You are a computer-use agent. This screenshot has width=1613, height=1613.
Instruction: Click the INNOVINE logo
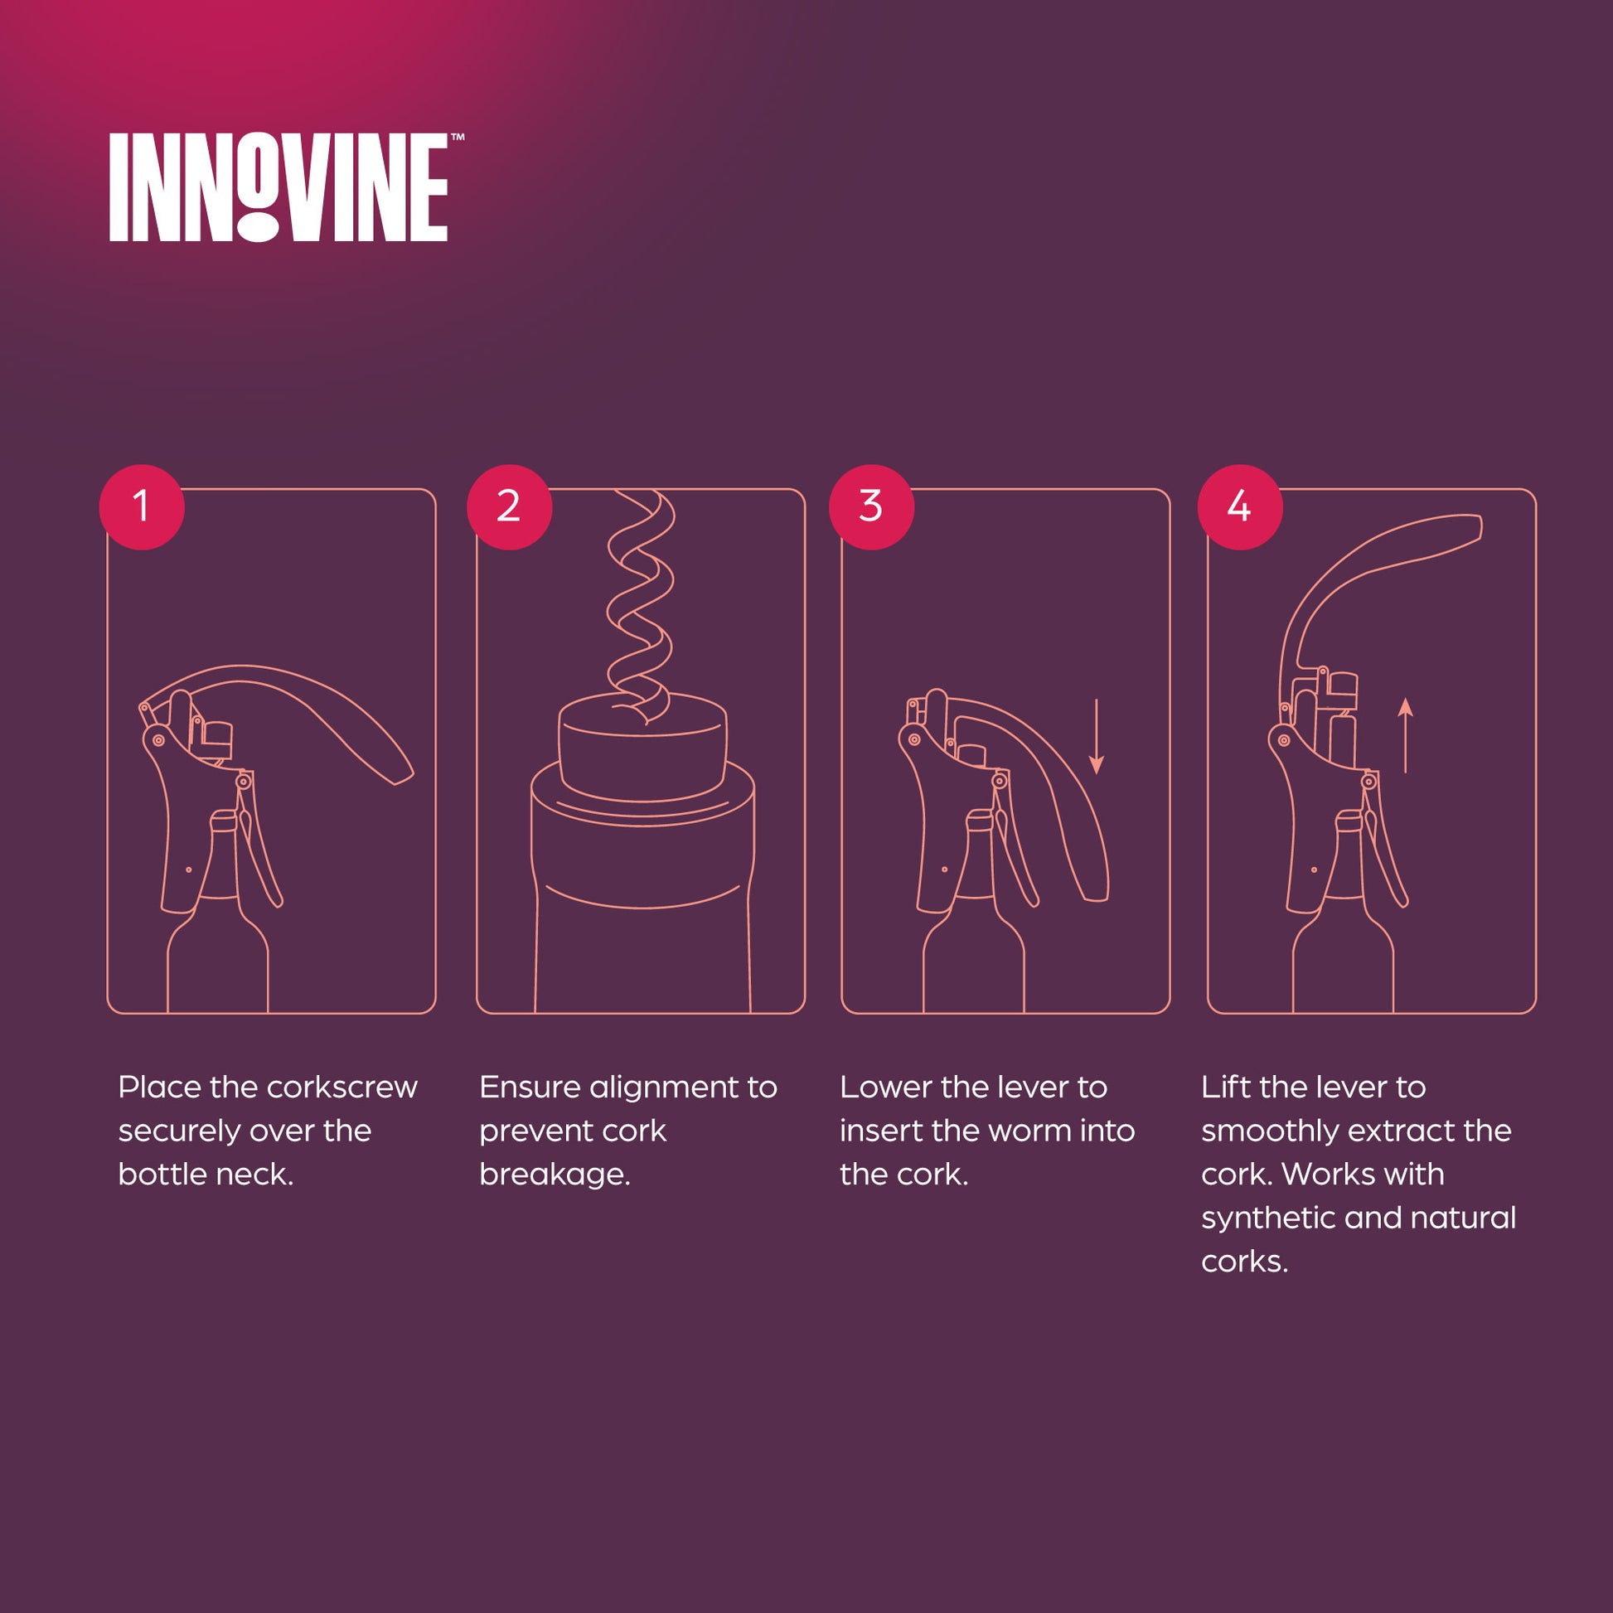[279, 188]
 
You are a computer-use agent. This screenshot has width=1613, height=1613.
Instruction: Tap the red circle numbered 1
[141, 506]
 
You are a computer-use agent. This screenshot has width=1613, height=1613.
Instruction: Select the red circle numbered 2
[509, 506]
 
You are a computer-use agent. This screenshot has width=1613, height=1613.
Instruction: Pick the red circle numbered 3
[872, 506]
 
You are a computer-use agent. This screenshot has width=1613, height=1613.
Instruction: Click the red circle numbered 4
[1240, 506]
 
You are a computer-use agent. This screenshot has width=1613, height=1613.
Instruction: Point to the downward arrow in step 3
[1097, 736]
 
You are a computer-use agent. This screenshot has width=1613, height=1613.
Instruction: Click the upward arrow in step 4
[1405, 735]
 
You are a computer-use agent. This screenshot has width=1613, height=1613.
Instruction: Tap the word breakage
[555, 1175]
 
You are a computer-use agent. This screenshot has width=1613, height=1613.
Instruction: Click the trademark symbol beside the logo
[458, 138]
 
